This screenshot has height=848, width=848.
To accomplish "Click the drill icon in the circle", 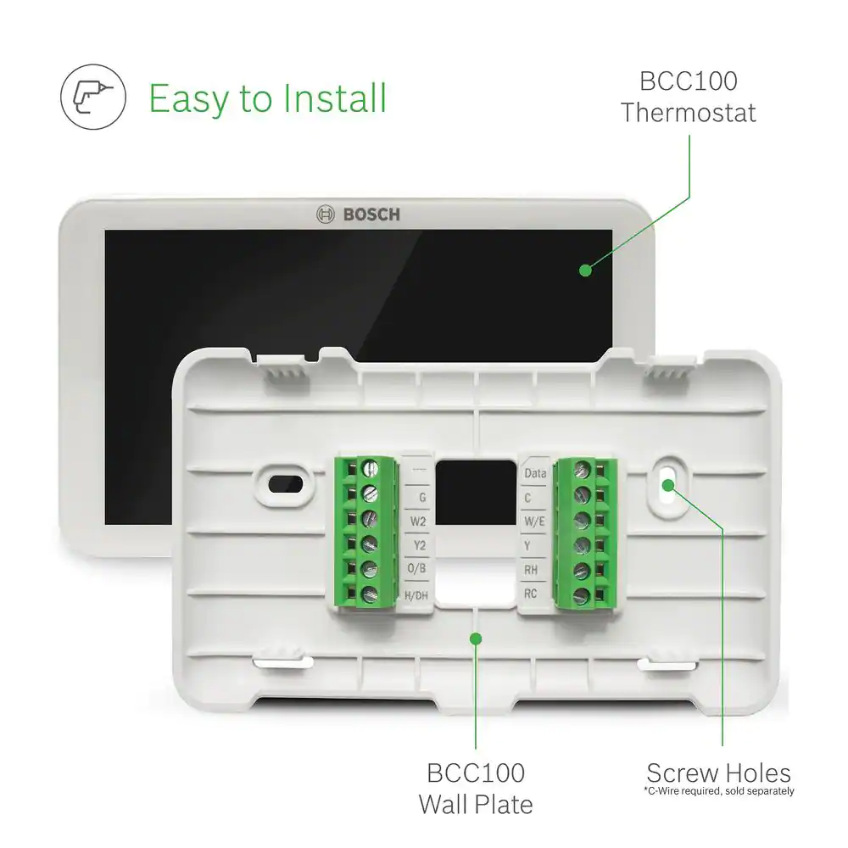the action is (93, 97).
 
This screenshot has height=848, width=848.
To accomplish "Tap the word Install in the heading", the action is (335, 98).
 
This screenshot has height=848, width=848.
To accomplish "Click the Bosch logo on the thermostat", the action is (358, 215).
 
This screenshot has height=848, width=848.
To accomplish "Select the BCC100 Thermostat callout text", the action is (688, 97).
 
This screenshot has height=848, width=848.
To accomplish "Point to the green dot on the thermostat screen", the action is (585, 270).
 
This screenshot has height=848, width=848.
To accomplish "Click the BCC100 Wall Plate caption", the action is (476, 789).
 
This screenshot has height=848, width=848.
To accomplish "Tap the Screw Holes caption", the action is (719, 773).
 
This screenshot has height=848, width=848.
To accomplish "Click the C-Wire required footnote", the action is (719, 791).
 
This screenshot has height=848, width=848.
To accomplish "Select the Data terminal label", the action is (535, 473).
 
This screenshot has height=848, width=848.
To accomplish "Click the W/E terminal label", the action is (534, 522).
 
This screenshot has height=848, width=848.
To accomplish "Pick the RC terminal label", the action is (531, 594).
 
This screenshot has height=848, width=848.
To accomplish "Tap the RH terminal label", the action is (531, 570).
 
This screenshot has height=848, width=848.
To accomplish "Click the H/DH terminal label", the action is (416, 595).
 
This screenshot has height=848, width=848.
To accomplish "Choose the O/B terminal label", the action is (416, 568).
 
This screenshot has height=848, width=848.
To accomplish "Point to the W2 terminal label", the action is (418, 522).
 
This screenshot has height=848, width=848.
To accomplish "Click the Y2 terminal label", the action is (420, 545).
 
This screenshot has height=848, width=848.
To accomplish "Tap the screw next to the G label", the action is (370, 494).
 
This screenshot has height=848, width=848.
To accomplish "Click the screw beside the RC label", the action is (582, 595).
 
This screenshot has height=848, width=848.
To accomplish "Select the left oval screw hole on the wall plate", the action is (286, 484).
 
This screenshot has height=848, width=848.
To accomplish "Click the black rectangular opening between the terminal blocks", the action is (476, 492).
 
